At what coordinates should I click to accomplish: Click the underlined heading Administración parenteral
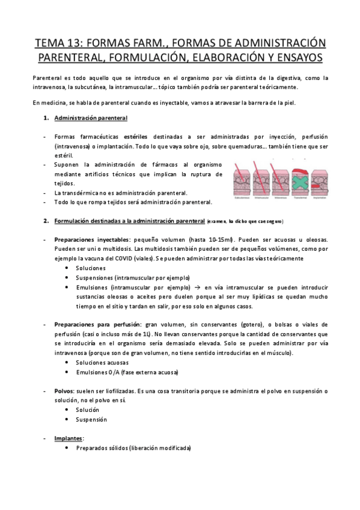click(x=91, y=117)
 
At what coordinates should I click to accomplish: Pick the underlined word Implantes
click(x=69, y=438)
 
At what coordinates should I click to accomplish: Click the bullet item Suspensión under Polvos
click(x=91, y=419)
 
